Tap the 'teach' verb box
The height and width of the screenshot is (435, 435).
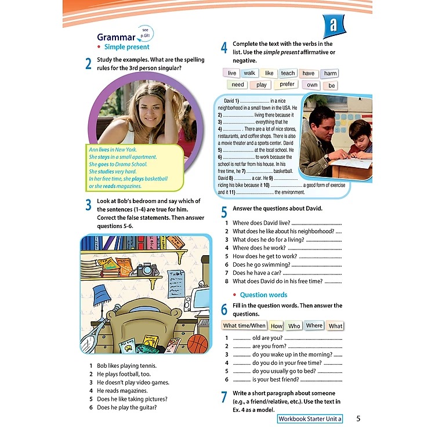point(288,74)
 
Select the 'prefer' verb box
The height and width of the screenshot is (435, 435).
point(287,85)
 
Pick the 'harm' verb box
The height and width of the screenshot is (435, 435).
point(330,74)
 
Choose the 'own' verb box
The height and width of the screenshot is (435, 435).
point(313,85)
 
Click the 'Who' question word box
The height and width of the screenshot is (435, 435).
point(294,326)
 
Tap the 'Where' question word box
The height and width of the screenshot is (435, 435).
point(314,326)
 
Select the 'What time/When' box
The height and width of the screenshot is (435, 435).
point(244,326)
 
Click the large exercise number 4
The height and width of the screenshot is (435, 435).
point(224,49)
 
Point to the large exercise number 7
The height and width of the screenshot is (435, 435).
point(224,397)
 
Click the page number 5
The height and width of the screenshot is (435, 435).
point(358,419)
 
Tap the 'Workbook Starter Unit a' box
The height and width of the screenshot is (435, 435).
point(310,419)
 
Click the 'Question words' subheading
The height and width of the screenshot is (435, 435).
point(263,295)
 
